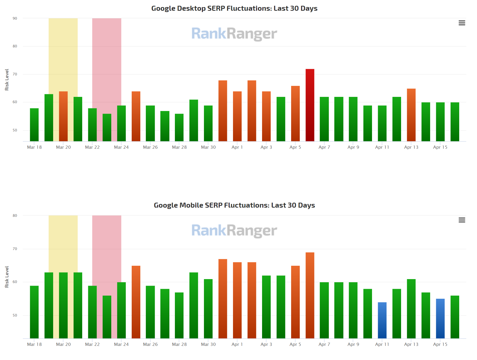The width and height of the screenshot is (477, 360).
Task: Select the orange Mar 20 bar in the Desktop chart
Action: click(x=63, y=116)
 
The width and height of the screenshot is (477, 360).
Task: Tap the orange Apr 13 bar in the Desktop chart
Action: click(x=411, y=115)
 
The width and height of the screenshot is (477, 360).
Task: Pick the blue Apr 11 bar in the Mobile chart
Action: click(x=382, y=320)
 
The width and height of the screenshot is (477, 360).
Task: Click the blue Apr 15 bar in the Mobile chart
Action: click(x=440, y=318)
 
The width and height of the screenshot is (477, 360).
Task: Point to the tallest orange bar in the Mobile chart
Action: click(x=310, y=295)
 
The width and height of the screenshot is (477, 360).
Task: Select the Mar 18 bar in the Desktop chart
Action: click(x=34, y=125)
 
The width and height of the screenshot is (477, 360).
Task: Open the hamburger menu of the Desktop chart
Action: click(x=462, y=23)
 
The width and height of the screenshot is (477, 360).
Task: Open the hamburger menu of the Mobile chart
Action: click(x=462, y=220)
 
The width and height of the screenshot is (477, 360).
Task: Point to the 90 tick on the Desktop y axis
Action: click(x=15, y=18)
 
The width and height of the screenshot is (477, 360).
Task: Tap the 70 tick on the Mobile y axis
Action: click(x=15, y=249)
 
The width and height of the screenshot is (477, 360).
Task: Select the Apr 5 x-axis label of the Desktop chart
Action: click(x=295, y=147)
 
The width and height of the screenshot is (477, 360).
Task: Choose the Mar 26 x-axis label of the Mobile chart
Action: click(x=150, y=344)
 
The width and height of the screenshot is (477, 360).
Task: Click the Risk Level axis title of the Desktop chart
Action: click(x=7, y=80)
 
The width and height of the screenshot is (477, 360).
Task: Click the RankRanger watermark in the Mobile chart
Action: click(x=234, y=231)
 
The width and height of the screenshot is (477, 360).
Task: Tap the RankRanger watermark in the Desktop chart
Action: click(x=234, y=34)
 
